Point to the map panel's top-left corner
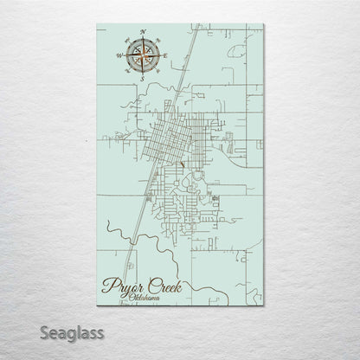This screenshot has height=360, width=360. click(93, 28)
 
